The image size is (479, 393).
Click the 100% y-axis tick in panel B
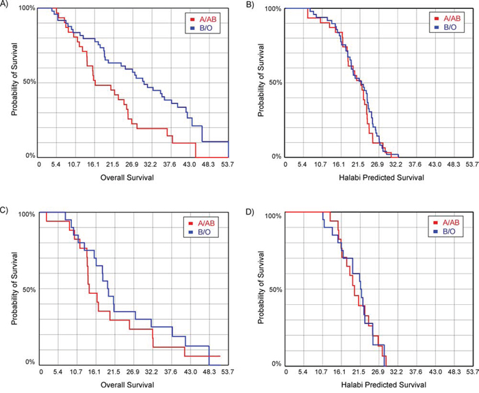point(272,9)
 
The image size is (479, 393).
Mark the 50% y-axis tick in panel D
point(274,290)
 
